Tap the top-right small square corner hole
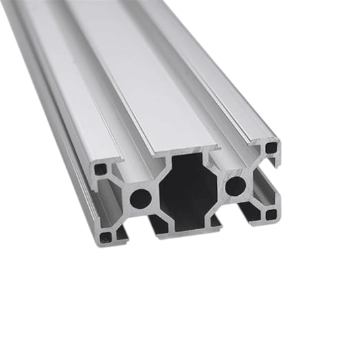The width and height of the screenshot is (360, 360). click(271, 147)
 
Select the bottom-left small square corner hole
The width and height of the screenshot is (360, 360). click(105, 236)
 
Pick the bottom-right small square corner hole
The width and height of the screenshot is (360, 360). click(271, 215)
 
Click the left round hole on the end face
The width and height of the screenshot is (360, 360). click(140, 198)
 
